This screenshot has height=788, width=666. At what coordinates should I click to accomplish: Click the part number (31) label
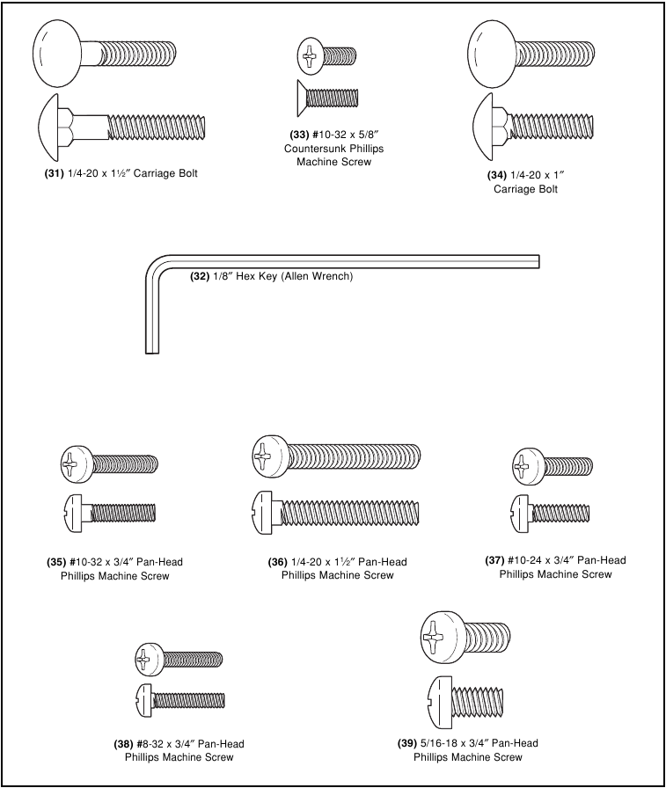54,174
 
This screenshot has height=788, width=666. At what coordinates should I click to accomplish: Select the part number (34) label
497,175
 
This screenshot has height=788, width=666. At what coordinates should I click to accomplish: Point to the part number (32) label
201,275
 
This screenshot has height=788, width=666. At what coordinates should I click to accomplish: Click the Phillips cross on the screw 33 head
308,57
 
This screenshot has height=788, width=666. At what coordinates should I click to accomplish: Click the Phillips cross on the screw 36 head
263,455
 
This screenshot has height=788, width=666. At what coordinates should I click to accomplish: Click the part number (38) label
123,744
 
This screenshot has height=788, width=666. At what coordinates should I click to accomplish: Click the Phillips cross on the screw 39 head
435,637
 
